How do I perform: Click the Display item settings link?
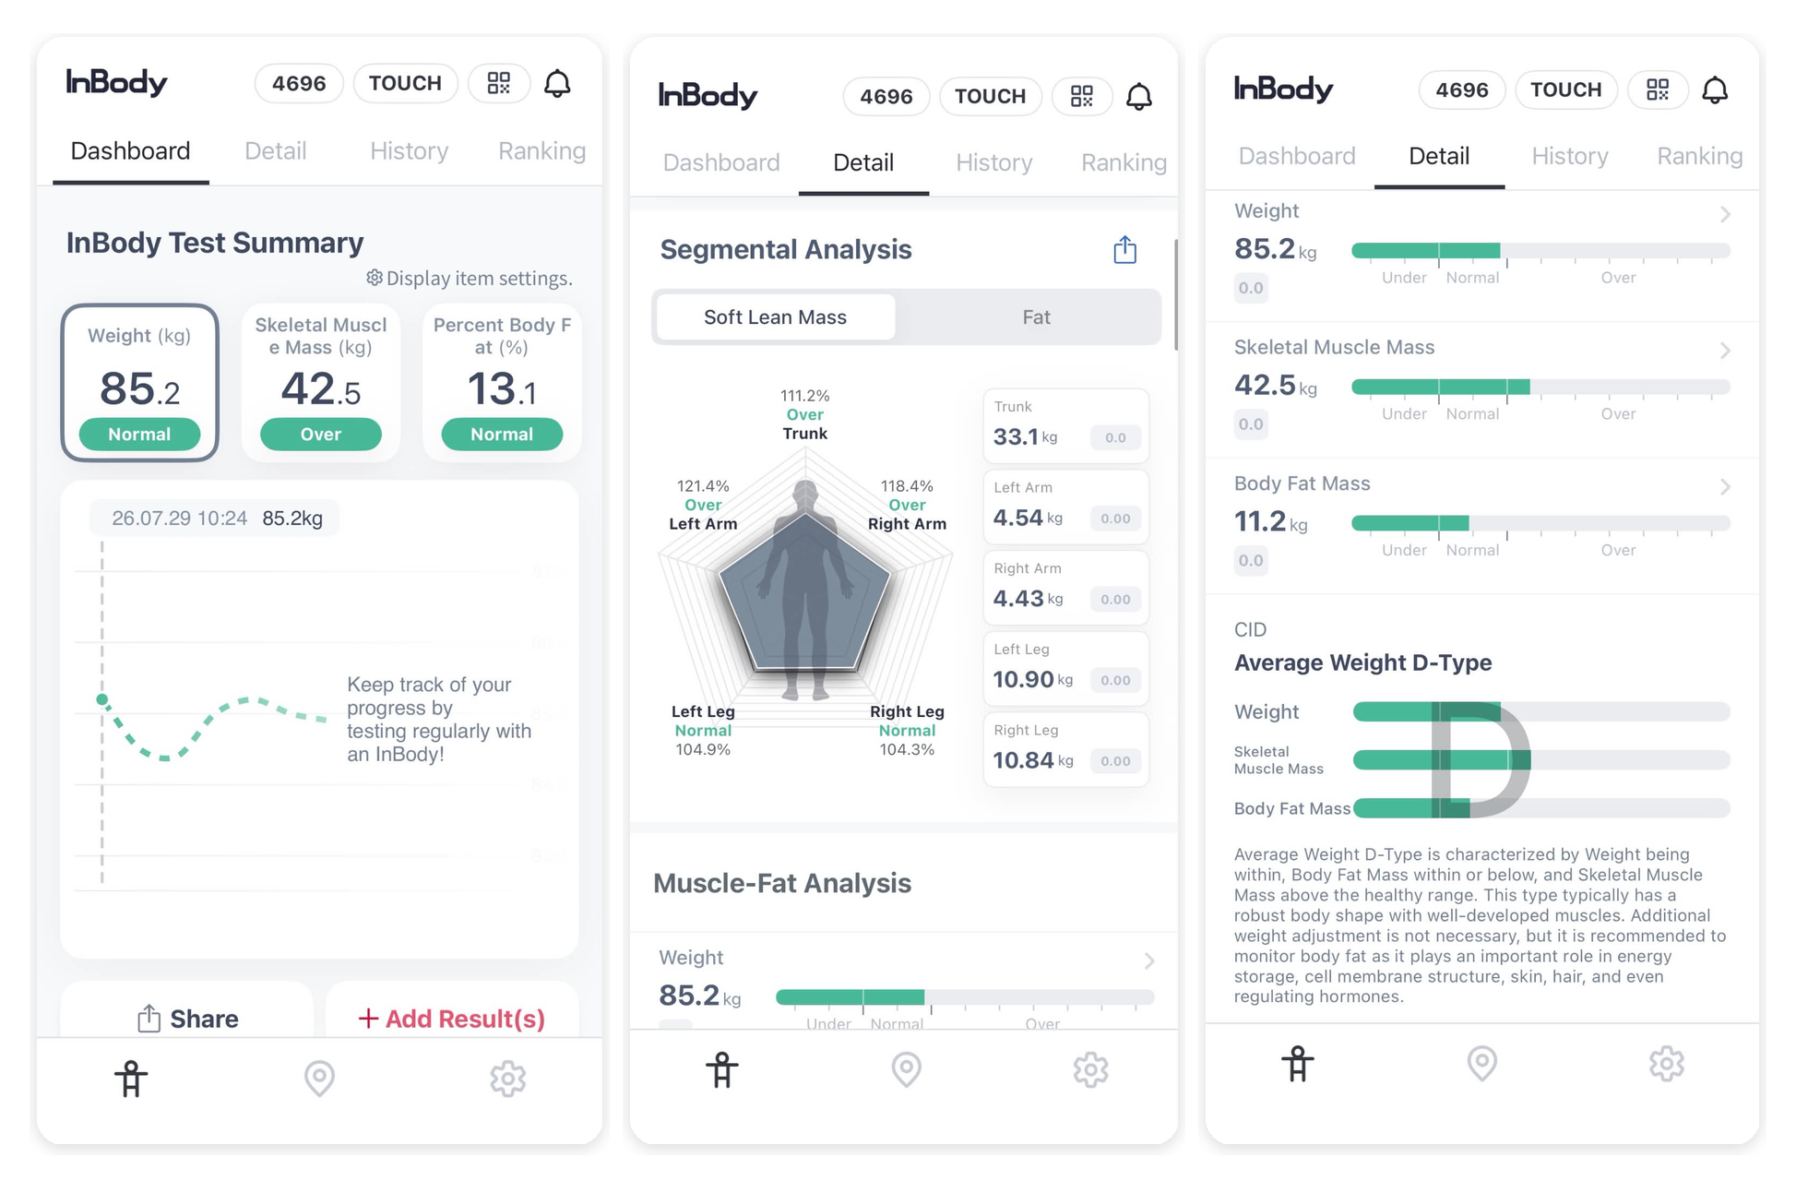[470, 279]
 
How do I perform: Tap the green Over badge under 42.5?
[321, 435]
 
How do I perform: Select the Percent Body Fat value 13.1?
[502, 389]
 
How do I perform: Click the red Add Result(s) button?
[451, 1019]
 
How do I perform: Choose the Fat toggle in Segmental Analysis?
[1036, 317]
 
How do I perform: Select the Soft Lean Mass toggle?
[775, 317]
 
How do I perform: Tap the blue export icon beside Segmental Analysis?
[1124, 250]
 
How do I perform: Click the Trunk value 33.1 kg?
[1025, 436]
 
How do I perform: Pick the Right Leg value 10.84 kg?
[1033, 760]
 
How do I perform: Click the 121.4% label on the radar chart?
[703, 486]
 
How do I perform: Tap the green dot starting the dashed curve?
[102, 699]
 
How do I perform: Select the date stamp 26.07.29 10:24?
[180, 519]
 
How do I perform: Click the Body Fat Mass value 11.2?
[1260, 521]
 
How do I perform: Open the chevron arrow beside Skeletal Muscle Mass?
[1725, 351]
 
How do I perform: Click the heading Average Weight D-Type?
[1362, 662]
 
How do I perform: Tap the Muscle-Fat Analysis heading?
[782, 883]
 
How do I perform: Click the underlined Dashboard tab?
[130, 151]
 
